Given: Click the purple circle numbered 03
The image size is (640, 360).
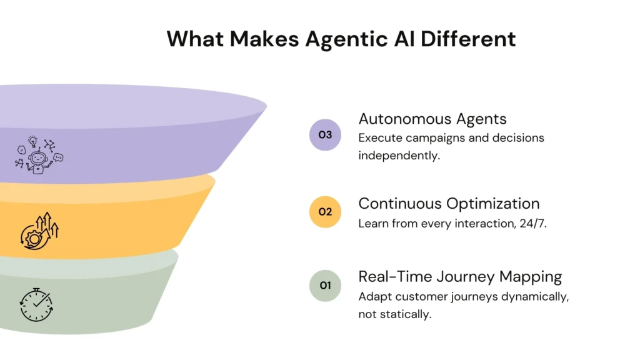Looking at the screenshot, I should click(325, 134).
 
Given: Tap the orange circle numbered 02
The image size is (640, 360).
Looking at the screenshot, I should click(325, 212).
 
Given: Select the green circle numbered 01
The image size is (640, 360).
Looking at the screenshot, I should click(325, 286).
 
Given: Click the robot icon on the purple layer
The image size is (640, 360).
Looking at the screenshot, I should click(39, 154).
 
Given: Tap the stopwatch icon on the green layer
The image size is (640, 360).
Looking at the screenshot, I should click(36, 305).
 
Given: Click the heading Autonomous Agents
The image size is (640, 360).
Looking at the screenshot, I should click(432, 119).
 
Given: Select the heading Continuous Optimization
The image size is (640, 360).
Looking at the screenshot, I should click(449, 204).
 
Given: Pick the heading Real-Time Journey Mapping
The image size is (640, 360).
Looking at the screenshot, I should click(460, 276).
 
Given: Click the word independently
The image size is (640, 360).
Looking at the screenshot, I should click(399, 155).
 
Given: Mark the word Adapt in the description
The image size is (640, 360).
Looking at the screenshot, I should click(373, 296).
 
